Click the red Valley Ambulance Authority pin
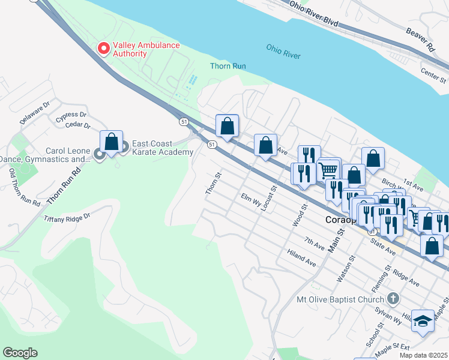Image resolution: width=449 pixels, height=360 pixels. (x=104, y=48)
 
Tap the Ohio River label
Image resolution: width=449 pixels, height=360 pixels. (x=283, y=52)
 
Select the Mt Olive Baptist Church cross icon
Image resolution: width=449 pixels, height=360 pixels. (x=393, y=298)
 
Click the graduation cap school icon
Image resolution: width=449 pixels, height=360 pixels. (x=423, y=322)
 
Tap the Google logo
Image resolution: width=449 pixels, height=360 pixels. (x=20, y=353)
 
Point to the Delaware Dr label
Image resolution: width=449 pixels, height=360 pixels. (x=34, y=113)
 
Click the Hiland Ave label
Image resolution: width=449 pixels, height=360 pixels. (x=301, y=258)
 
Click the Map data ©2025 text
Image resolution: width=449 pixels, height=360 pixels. (x=423, y=355)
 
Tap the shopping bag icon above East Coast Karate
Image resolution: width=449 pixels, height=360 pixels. (x=112, y=142)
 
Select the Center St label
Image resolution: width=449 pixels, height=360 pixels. (x=433, y=75)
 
